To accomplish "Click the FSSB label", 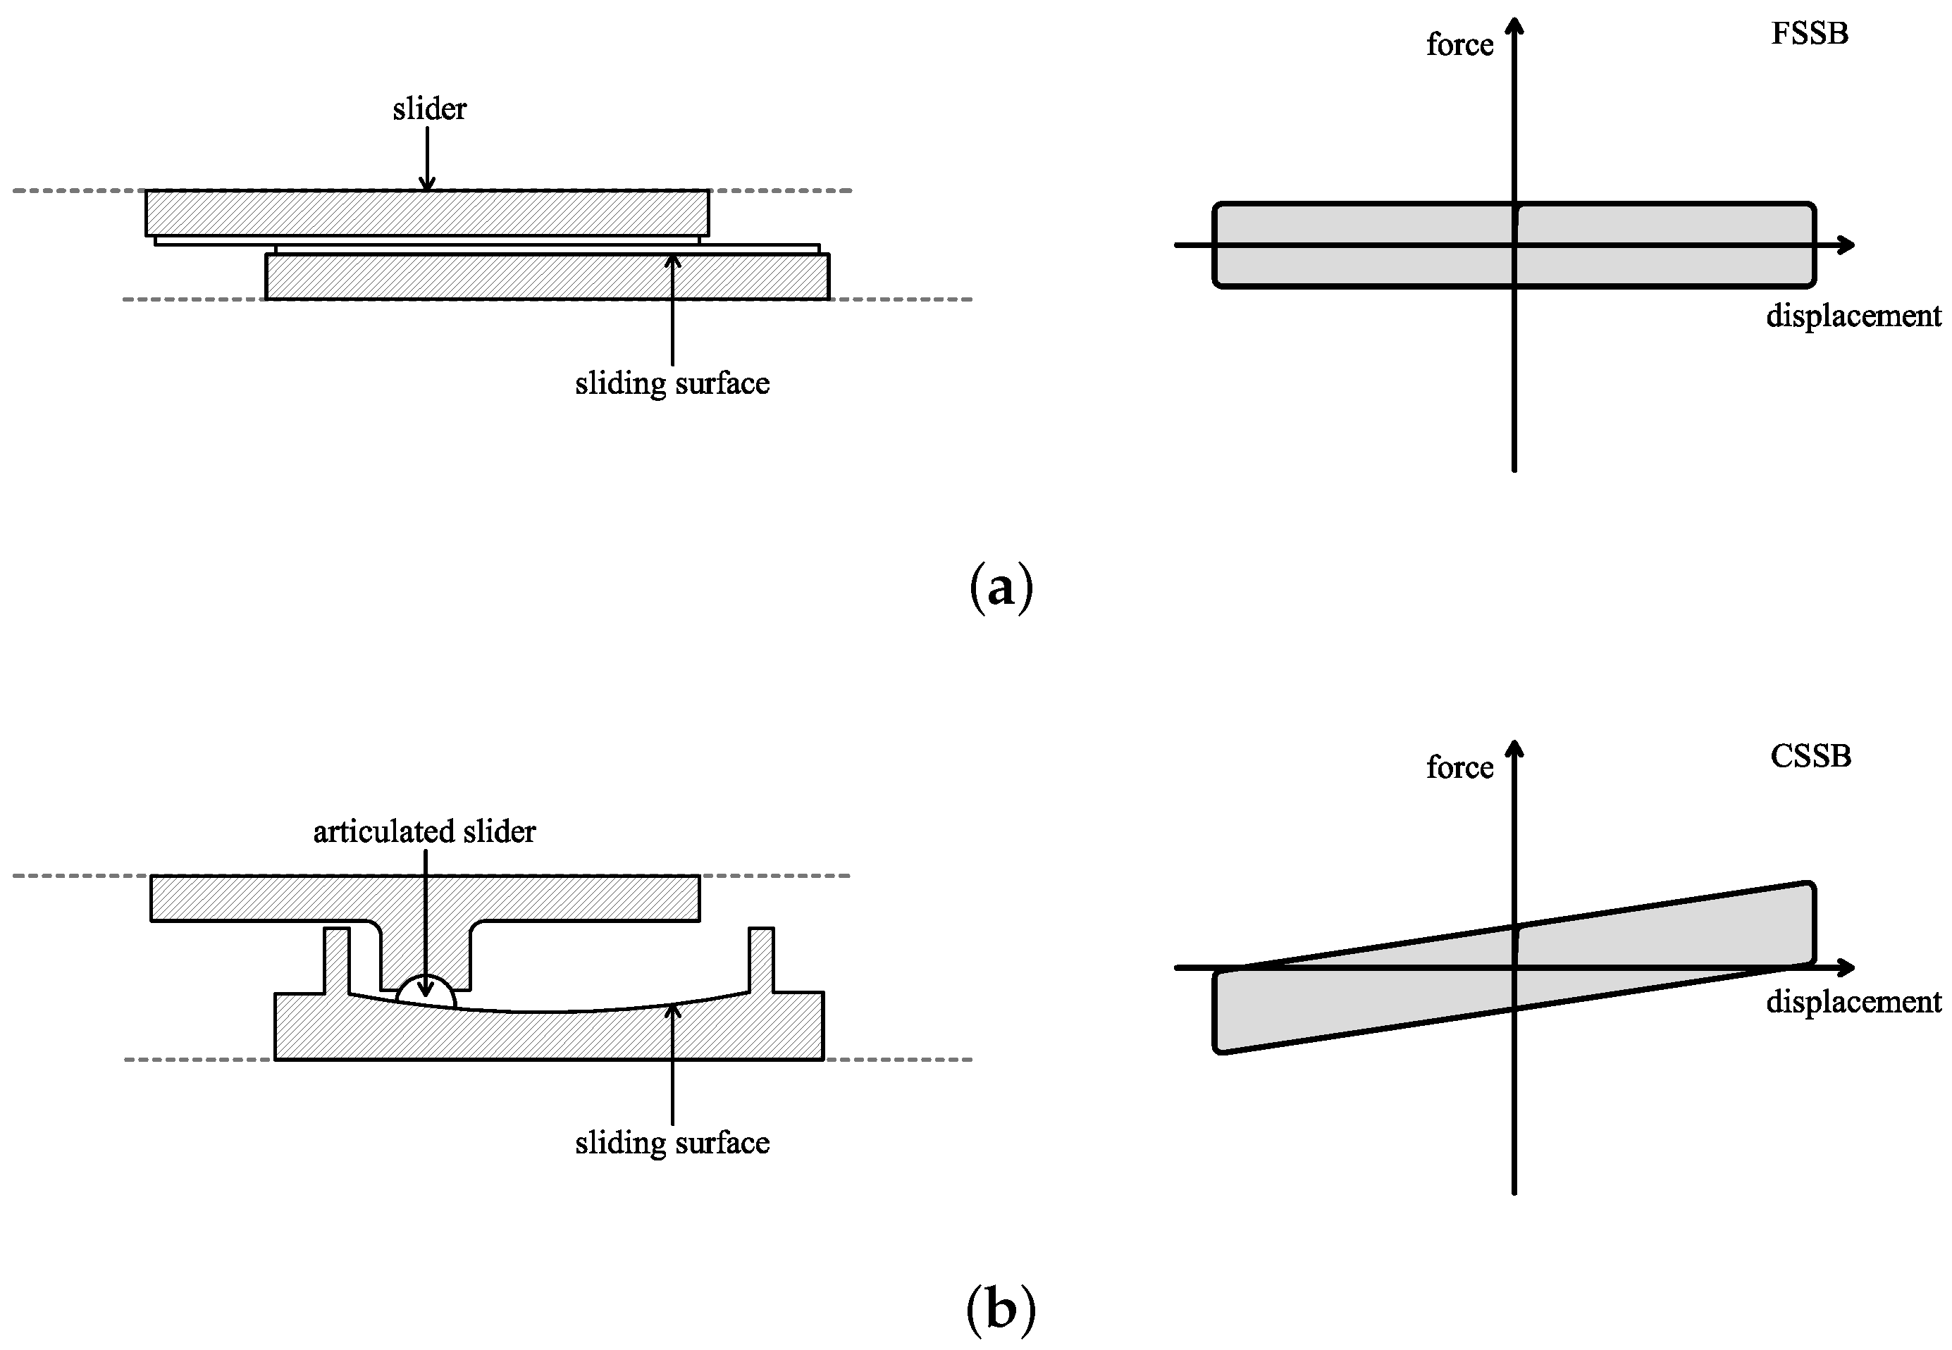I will coord(1809,35).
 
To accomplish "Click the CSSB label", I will coord(1810,756).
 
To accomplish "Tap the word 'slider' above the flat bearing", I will coord(428,109).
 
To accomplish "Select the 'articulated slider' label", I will coord(424,831).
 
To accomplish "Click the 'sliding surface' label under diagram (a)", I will coord(672,384).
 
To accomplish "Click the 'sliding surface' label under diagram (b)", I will coord(672,1143).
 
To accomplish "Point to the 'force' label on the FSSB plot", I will coord(1459,44).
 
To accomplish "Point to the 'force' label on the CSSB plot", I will coord(1459,767).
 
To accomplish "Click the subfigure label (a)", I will coord(1001,587).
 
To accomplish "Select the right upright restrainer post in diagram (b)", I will coord(761,960).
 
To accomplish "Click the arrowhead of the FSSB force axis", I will coord(1515,25).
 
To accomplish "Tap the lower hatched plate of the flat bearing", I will coord(548,277).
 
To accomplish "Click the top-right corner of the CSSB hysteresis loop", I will coord(1810,886).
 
